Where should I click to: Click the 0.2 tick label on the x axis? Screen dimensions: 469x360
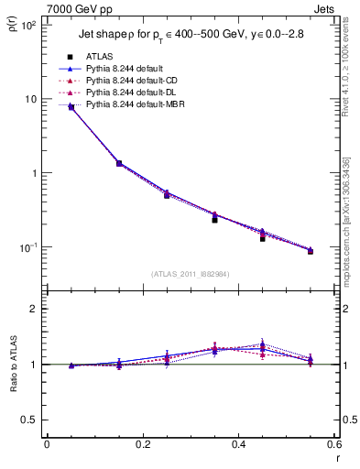tap(143, 445)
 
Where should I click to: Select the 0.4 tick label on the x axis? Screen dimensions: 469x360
tap(239, 445)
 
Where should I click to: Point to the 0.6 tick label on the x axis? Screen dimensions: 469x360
tap(334, 445)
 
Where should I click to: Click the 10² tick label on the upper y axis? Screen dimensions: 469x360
tap(27, 25)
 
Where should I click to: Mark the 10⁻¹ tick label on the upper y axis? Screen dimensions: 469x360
tap(27, 247)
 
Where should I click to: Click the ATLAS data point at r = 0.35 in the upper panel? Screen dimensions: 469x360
tap(214, 220)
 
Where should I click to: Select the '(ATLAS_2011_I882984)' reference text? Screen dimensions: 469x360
tap(191, 274)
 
